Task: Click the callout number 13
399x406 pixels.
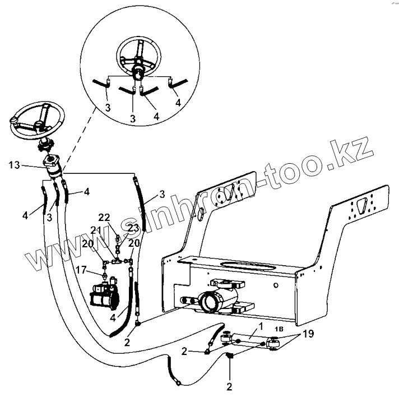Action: click(15, 165)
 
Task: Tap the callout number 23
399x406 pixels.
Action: click(133, 228)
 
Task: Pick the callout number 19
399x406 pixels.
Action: click(308, 334)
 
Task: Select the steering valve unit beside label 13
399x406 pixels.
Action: click(53, 168)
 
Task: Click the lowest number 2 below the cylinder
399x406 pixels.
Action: click(229, 386)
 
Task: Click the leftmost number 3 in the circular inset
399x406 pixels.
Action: click(107, 107)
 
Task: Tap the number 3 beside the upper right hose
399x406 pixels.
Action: click(161, 194)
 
